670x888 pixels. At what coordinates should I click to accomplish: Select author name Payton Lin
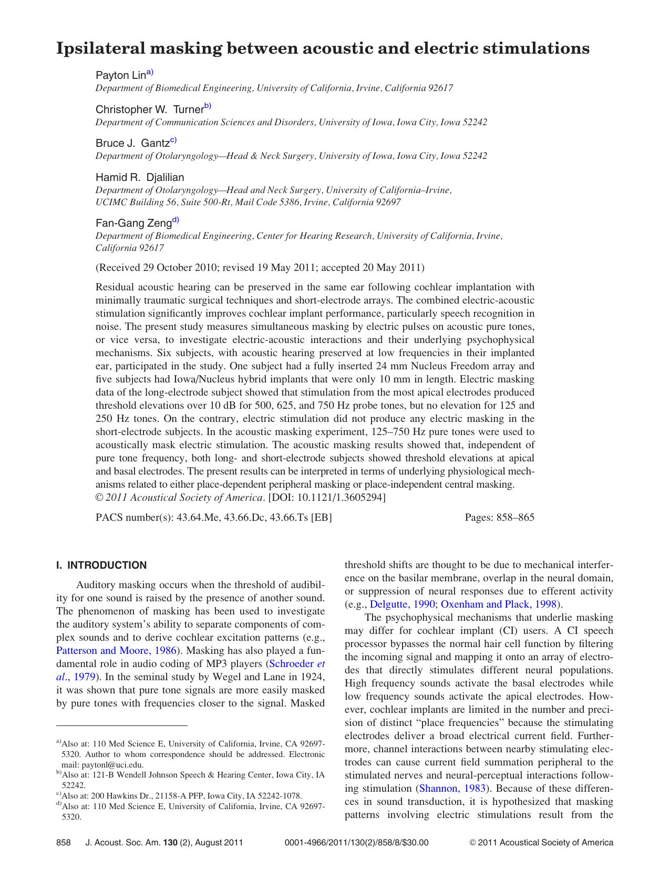(x=120, y=76)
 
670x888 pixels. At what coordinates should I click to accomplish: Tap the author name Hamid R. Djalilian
(x=140, y=177)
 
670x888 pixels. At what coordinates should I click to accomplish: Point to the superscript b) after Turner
(x=208, y=107)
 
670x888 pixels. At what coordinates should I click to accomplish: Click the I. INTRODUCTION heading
(x=101, y=566)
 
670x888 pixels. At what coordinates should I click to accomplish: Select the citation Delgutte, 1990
(x=403, y=604)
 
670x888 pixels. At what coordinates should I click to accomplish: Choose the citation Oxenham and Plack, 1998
(x=498, y=604)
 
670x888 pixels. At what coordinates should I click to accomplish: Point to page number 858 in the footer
(x=63, y=842)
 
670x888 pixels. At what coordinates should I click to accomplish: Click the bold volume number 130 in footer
(x=170, y=842)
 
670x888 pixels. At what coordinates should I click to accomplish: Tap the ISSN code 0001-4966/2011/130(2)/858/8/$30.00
(x=356, y=842)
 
